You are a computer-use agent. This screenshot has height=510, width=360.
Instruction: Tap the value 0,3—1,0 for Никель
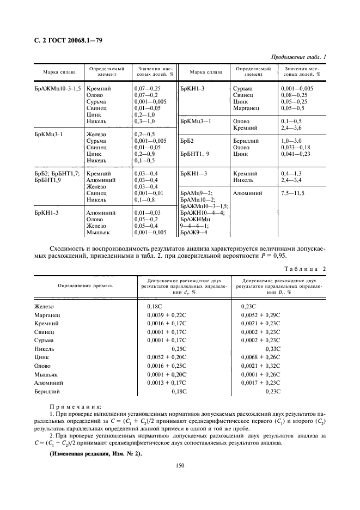tap(144, 121)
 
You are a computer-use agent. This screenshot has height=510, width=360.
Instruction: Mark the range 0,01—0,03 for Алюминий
tap(147, 213)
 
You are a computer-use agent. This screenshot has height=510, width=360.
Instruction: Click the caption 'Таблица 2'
tap(305, 269)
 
